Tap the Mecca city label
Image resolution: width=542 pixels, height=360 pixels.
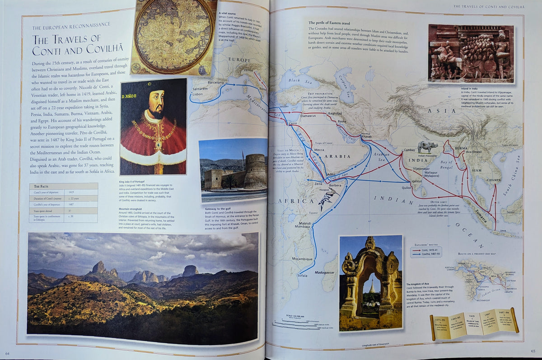319,150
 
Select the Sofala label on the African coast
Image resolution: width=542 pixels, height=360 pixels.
302,275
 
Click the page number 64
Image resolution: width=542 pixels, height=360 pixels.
7,353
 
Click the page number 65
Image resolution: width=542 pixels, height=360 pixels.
533,351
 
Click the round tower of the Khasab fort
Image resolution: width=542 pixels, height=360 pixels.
255,170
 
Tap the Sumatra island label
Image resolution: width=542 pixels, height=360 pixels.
480,219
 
